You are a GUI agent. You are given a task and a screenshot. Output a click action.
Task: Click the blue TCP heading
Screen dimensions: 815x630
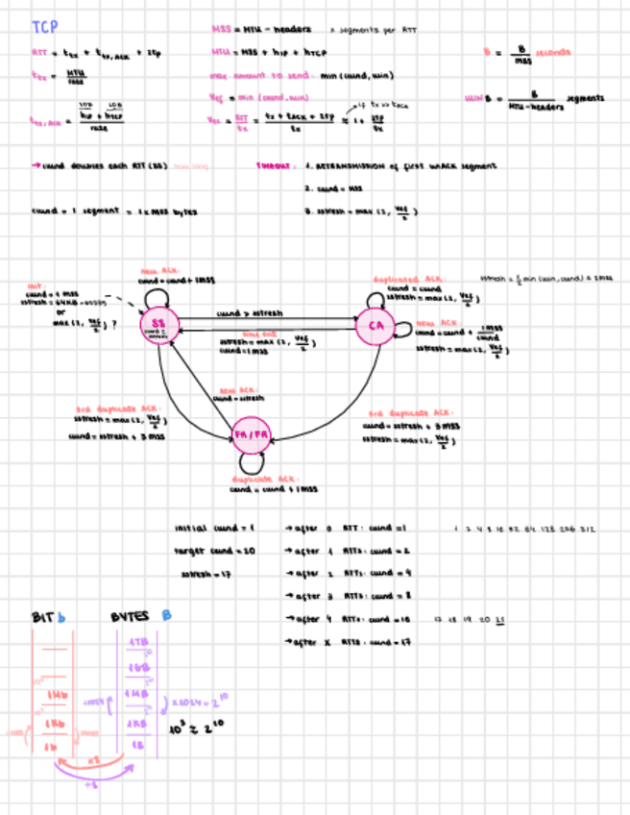click(x=44, y=28)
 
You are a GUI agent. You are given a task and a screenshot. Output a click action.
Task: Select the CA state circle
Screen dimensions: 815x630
click(x=375, y=328)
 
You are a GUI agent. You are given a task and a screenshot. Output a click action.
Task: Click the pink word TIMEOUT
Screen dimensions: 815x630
click(x=274, y=165)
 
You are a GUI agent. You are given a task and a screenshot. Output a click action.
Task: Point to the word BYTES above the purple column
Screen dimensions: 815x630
click(x=130, y=617)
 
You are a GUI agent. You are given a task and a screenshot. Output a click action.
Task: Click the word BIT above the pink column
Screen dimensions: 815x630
click(x=43, y=617)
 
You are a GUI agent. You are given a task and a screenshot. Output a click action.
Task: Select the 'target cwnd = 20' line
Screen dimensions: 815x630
click(x=213, y=552)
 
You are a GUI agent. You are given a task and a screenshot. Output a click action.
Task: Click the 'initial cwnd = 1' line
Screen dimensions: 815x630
click(x=213, y=529)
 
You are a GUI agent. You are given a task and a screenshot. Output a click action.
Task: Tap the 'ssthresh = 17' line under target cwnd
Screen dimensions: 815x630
click(x=210, y=575)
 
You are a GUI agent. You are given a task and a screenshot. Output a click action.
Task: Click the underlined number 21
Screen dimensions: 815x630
click(x=500, y=619)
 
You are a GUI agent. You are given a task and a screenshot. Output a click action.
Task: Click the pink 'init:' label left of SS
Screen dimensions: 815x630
click(x=35, y=285)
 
